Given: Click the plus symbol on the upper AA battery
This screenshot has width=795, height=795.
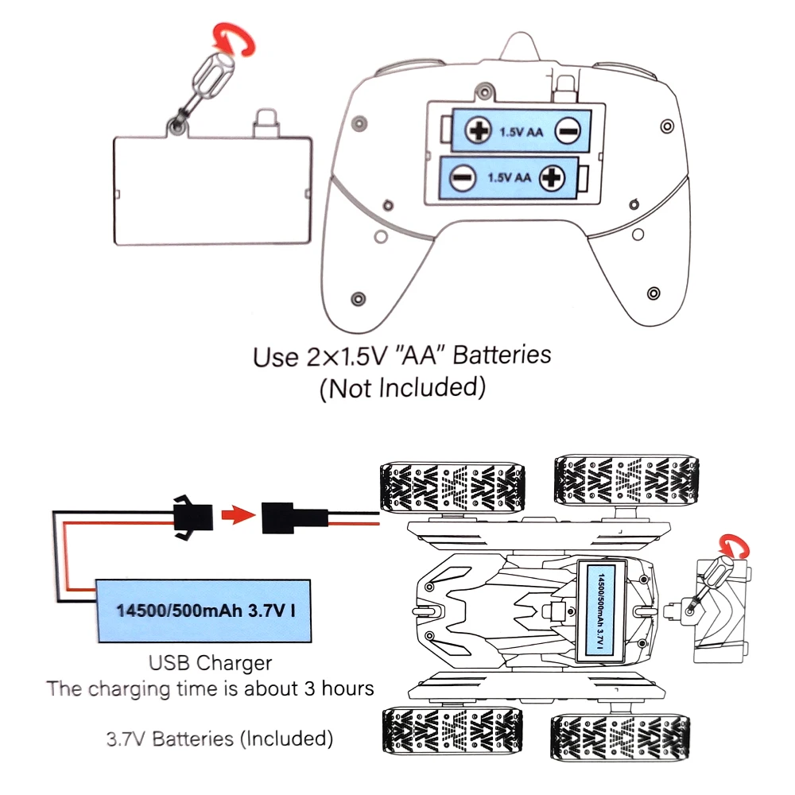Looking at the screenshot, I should click(479, 130).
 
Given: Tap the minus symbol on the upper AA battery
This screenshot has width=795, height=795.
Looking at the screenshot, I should click(568, 131).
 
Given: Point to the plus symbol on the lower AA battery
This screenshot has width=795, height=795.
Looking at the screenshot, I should click(552, 177).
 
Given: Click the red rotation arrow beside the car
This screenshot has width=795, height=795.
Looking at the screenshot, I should click(732, 546).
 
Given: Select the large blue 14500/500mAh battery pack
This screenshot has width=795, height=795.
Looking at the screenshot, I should click(204, 611).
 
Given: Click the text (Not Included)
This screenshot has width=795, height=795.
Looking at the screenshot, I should click(401, 389).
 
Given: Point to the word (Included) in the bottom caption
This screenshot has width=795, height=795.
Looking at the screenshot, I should click(286, 738).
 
